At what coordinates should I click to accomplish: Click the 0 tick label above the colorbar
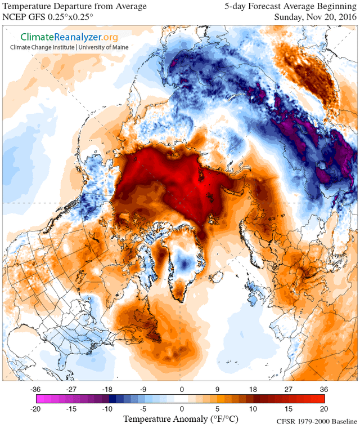[181, 389]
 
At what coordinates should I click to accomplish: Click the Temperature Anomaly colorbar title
[179, 419]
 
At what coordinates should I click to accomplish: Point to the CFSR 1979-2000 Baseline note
[317, 421]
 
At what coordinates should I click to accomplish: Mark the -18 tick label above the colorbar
[107, 389]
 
